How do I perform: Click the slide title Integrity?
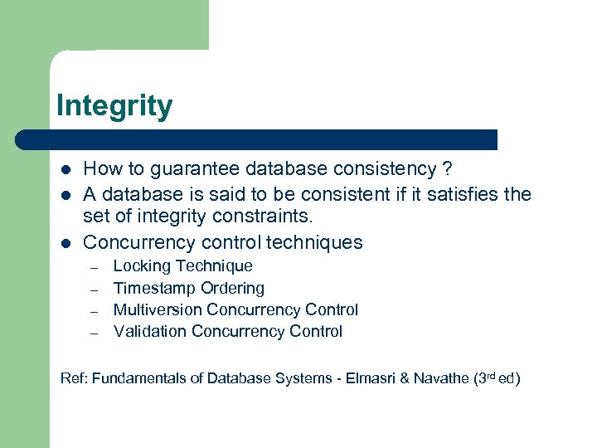point(114,107)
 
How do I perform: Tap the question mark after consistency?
point(447,170)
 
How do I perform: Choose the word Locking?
point(142,266)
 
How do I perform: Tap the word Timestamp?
point(154,288)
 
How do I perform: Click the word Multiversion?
point(158,309)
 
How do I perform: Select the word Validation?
point(150,331)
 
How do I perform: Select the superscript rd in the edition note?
point(491,376)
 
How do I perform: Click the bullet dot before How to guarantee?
point(66,170)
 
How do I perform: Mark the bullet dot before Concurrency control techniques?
point(66,242)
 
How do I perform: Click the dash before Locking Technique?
point(95,267)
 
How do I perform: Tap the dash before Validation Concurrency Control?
point(95,332)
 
